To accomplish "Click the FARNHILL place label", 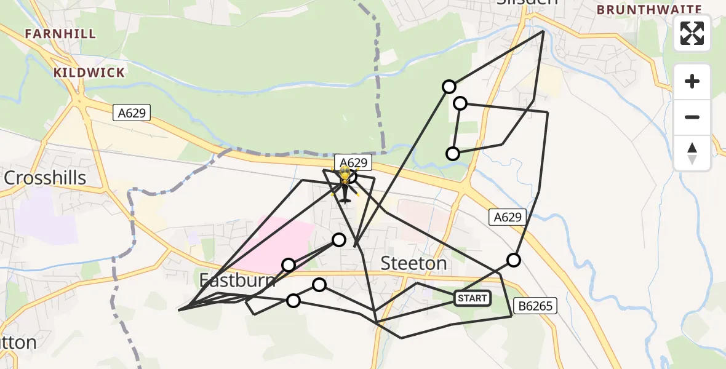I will [x=60, y=34].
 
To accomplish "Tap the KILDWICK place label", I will [x=89, y=73].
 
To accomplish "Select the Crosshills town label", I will [x=44, y=178].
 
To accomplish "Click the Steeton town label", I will [x=413, y=263].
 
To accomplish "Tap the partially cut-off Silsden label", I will [x=527, y=2].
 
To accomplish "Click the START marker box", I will [x=473, y=299].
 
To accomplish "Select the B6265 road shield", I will [x=535, y=305].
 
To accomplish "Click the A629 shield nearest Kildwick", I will [x=132, y=112].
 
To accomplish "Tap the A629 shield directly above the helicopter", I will [x=354, y=162].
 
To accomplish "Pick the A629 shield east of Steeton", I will [x=508, y=216].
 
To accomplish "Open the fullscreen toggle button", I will [x=692, y=33].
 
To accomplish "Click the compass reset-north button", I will [x=692, y=153].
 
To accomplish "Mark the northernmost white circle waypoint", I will [x=449, y=87].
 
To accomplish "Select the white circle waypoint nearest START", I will [x=513, y=260].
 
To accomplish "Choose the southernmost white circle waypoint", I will [x=293, y=301].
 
